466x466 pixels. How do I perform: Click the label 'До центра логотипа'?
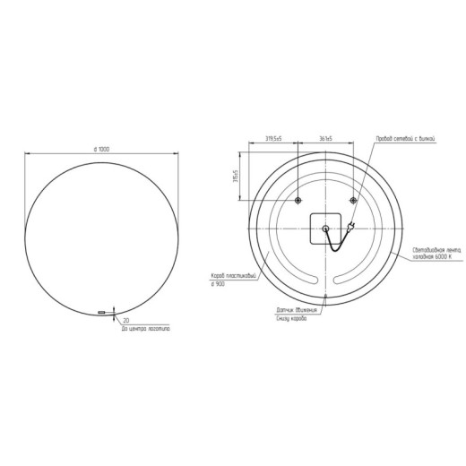point(145,329)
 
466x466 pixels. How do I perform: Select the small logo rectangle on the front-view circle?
point(100,312)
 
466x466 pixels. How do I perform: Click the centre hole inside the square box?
point(324,230)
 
